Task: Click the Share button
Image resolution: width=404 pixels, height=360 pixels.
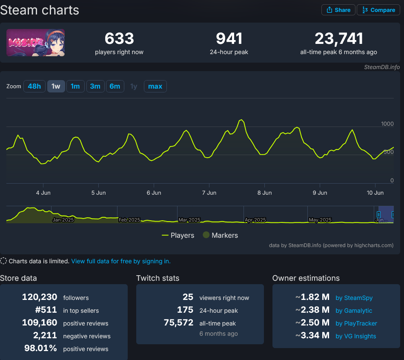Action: pyautogui.click(x=338, y=10)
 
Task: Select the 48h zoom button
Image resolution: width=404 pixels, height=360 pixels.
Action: pyautogui.click(x=34, y=86)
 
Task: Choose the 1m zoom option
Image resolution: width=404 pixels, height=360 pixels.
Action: pyautogui.click(x=75, y=86)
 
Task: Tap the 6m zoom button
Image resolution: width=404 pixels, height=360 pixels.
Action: pyautogui.click(x=115, y=86)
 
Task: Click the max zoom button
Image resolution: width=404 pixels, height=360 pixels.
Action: pyautogui.click(x=155, y=86)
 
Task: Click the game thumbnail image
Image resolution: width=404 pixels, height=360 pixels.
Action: pyautogui.click(x=36, y=43)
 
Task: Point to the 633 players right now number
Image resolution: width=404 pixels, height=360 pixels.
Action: pyautogui.click(x=119, y=39)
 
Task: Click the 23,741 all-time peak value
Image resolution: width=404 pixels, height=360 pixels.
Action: pyautogui.click(x=338, y=39)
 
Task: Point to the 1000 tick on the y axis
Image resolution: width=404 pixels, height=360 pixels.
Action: pyautogui.click(x=387, y=124)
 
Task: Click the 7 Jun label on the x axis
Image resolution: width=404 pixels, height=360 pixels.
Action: pyautogui.click(x=209, y=193)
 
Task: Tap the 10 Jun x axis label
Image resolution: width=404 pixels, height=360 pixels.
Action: pyautogui.click(x=375, y=193)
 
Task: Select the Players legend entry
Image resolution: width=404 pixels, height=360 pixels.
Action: pyautogui.click(x=178, y=235)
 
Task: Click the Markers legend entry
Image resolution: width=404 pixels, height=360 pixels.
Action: pyautogui.click(x=220, y=235)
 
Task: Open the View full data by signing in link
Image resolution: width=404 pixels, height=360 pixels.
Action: pyautogui.click(x=121, y=261)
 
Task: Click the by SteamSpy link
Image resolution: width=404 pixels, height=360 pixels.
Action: pyautogui.click(x=354, y=298)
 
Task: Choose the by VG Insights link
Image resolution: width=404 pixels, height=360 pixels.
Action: pyautogui.click(x=355, y=336)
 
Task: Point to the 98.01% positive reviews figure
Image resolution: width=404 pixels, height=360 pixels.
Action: pyautogui.click(x=41, y=348)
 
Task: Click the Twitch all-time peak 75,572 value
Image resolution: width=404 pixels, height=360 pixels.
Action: pyautogui.click(x=178, y=323)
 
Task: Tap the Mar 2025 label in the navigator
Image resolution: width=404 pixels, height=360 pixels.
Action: pyautogui.click(x=189, y=220)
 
